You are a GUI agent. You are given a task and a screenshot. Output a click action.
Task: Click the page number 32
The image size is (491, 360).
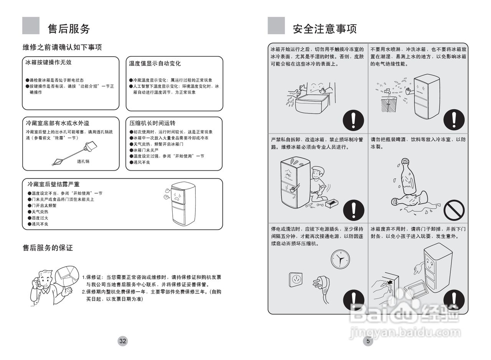click(x=122, y=341)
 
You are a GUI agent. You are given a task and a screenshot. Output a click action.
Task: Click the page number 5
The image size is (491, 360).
click(x=368, y=341)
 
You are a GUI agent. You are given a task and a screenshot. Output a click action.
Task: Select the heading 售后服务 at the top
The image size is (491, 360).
click(x=69, y=29)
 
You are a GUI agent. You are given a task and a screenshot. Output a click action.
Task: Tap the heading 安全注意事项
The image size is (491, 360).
click(x=325, y=29)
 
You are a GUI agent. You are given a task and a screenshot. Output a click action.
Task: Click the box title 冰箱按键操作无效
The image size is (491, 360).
click(x=48, y=62)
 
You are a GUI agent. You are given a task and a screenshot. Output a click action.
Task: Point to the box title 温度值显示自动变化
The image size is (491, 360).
click(x=155, y=63)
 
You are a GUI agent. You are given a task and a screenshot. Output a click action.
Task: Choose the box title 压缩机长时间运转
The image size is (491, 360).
click(x=152, y=123)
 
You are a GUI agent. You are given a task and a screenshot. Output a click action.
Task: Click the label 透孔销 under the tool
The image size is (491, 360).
click(x=83, y=161)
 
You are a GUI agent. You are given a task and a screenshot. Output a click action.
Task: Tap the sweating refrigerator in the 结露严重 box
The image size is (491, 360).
click(x=183, y=203)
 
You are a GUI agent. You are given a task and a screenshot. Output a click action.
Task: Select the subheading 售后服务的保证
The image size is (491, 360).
click(x=48, y=248)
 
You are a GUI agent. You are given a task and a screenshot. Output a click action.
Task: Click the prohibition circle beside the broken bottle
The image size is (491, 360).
click(x=454, y=210)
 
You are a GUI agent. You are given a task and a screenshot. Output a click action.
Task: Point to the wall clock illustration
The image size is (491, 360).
click(x=340, y=259)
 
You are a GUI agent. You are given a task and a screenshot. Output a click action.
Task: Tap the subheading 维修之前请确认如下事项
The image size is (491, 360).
click(x=62, y=47)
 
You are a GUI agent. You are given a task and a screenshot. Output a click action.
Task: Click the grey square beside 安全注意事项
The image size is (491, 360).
click(x=276, y=26)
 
